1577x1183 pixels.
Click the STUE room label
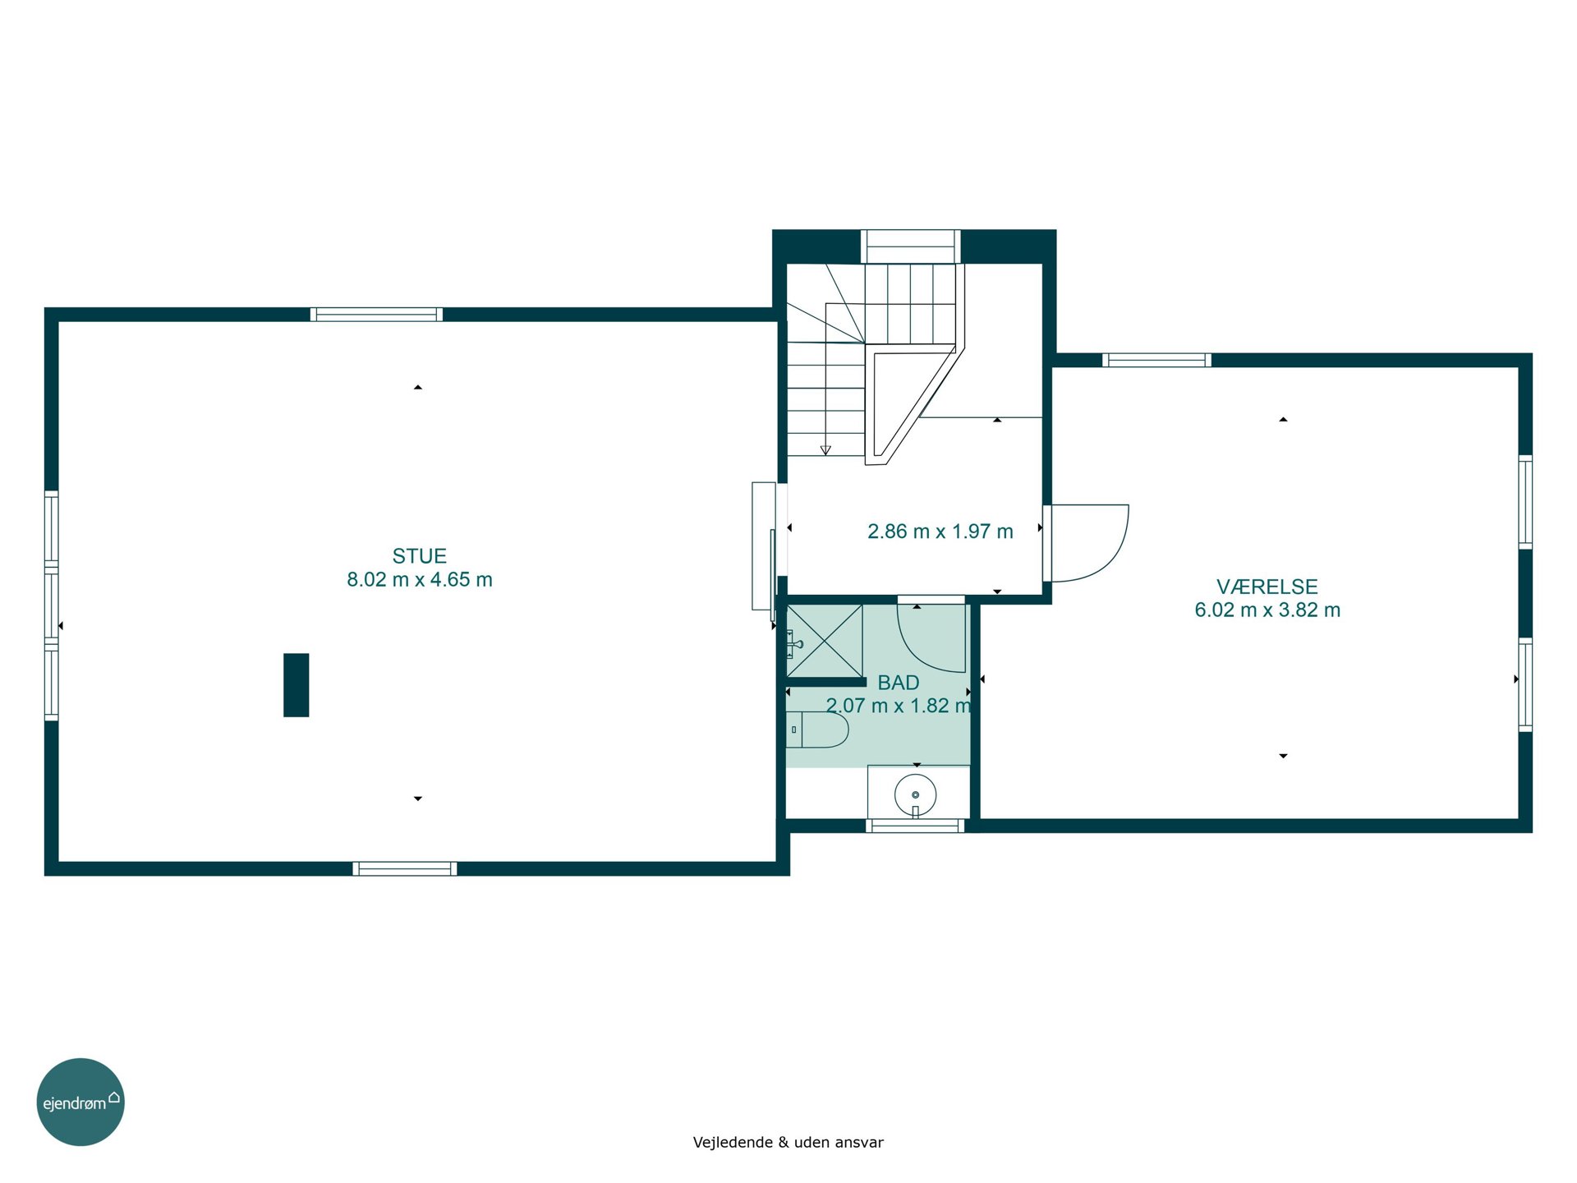tap(419, 556)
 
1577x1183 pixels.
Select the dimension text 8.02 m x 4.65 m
tap(419, 580)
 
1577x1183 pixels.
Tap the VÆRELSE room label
tap(1267, 587)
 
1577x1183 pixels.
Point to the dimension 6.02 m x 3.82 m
tap(1267, 610)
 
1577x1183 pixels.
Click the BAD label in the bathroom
tap(899, 683)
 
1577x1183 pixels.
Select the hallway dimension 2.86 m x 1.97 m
tap(940, 532)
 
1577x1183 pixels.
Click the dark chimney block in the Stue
tap(297, 685)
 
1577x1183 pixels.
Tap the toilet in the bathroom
tap(817, 730)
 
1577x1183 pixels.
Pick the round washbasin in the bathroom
tap(915, 795)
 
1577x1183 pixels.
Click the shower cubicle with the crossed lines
tap(825, 641)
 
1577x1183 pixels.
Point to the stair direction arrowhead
tap(825, 450)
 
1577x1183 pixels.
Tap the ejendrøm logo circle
tap(80, 1102)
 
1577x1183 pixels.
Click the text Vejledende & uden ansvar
tap(788, 1142)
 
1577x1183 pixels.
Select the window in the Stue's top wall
tap(376, 314)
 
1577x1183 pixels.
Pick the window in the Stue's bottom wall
tap(405, 869)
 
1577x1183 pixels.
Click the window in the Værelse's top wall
tap(1156, 360)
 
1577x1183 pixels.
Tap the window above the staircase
tap(911, 246)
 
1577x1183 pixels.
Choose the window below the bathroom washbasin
tap(915, 826)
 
